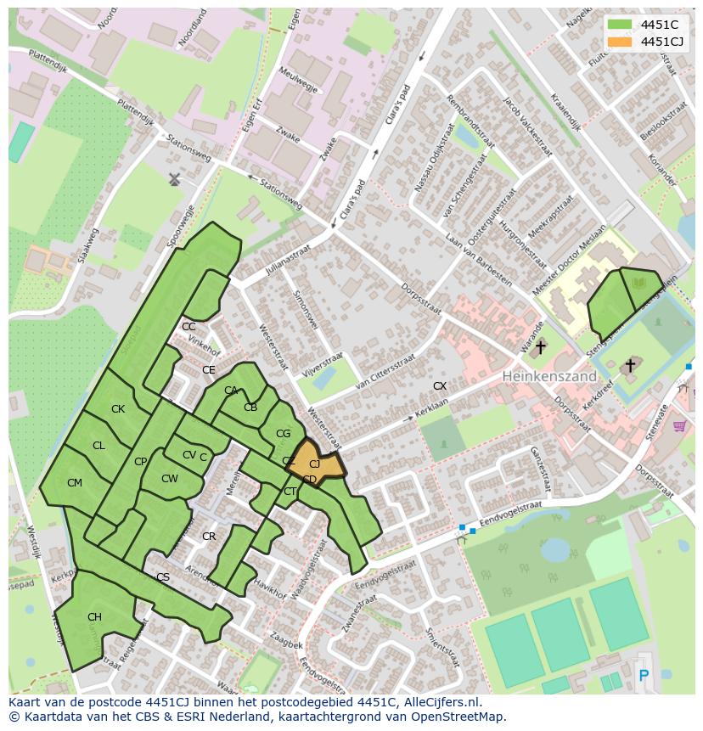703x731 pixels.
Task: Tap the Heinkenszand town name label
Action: [x=548, y=375]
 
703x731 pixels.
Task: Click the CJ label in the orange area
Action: [x=314, y=464]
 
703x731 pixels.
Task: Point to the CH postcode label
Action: [x=94, y=617]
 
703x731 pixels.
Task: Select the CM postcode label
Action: [x=75, y=483]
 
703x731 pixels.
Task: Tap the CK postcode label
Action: [x=118, y=409]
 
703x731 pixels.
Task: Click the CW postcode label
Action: [x=170, y=479]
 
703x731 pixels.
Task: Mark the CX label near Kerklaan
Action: [x=440, y=386]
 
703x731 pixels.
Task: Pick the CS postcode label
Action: [x=163, y=577]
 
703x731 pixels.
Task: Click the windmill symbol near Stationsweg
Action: [x=174, y=179]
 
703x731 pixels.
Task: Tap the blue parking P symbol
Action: [x=643, y=676]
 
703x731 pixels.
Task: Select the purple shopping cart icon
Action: [x=678, y=425]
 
